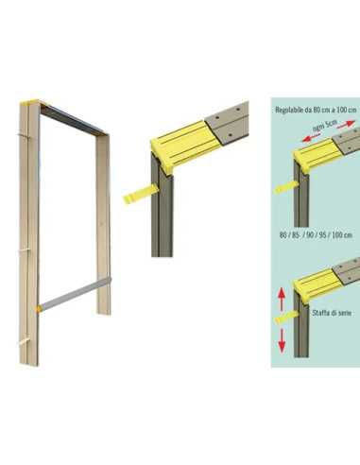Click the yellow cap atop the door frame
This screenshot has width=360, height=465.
pyautogui.click(x=29, y=102)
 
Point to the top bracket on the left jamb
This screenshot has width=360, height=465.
pyautogui.click(x=24, y=136)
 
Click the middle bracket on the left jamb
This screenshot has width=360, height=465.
pyautogui.click(x=25, y=251)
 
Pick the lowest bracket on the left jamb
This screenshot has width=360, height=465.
pyautogui.click(x=24, y=341)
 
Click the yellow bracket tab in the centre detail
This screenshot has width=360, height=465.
pyautogui.click(x=140, y=193)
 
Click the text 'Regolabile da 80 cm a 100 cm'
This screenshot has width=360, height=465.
pyautogui.click(x=317, y=110)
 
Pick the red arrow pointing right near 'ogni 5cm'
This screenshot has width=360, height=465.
pyautogui.click(x=347, y=124)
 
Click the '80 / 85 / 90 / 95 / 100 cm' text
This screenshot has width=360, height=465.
pyautogui.click(x=316, y=235)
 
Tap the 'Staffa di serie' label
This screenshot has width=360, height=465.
pyautogui.click(x=332, y=313)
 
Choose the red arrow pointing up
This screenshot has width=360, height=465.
pyautogui.click(x=282, y=301)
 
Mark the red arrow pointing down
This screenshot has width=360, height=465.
pyautogui.click(x=282, y=341)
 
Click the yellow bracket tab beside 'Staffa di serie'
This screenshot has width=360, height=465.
pyautogui.click(x=286, y=318)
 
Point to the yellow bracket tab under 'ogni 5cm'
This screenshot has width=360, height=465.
pyautogui.click(x=285, y=186)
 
